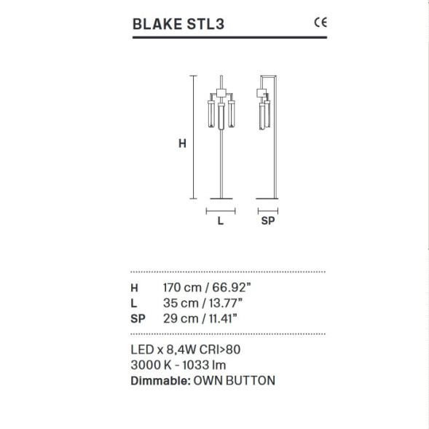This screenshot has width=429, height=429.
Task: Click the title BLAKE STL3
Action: [x=178, y=23]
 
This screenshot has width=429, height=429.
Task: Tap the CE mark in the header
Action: [x=320, y=22]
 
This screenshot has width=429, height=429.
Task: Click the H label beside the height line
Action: [x=182, y=143]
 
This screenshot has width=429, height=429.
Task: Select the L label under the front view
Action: [x=221, y=222]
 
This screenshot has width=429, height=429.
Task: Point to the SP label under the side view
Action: [x=267, y=222]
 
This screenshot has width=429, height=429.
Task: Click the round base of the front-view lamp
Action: [x=221, y=197]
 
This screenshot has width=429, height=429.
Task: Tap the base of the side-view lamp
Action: [x=267, y=197]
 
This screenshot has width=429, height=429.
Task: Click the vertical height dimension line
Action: [x=193, y=136]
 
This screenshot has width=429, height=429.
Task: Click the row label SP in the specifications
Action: [x=138, y=318]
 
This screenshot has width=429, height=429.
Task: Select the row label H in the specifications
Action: [x=134, y=287]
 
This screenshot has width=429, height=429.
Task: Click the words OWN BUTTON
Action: [x=235, y=380]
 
